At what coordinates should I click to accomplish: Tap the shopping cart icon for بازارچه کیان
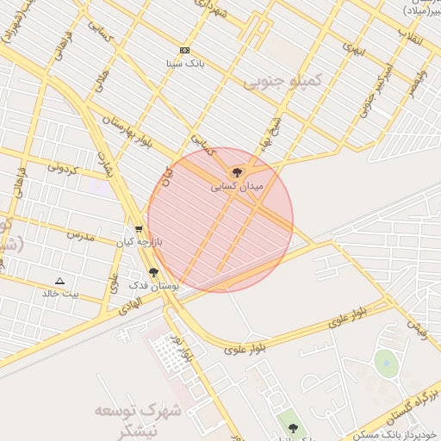pyautogui.click(x=139, y=229)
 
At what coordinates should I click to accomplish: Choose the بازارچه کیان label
pyautogui.click(x=140, y=242)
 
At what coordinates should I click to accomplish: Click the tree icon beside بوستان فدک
pyautogui.click(x=153, y=271)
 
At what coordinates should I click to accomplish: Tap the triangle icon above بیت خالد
pyautogui.click(x=59, y=281)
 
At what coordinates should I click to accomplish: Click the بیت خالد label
pyautogui.click(x=59, y=294)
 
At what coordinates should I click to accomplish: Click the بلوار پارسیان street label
pyautogui.click(x=129, y=130)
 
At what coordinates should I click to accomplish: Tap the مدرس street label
pyautogui.click(x=79, y=234)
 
